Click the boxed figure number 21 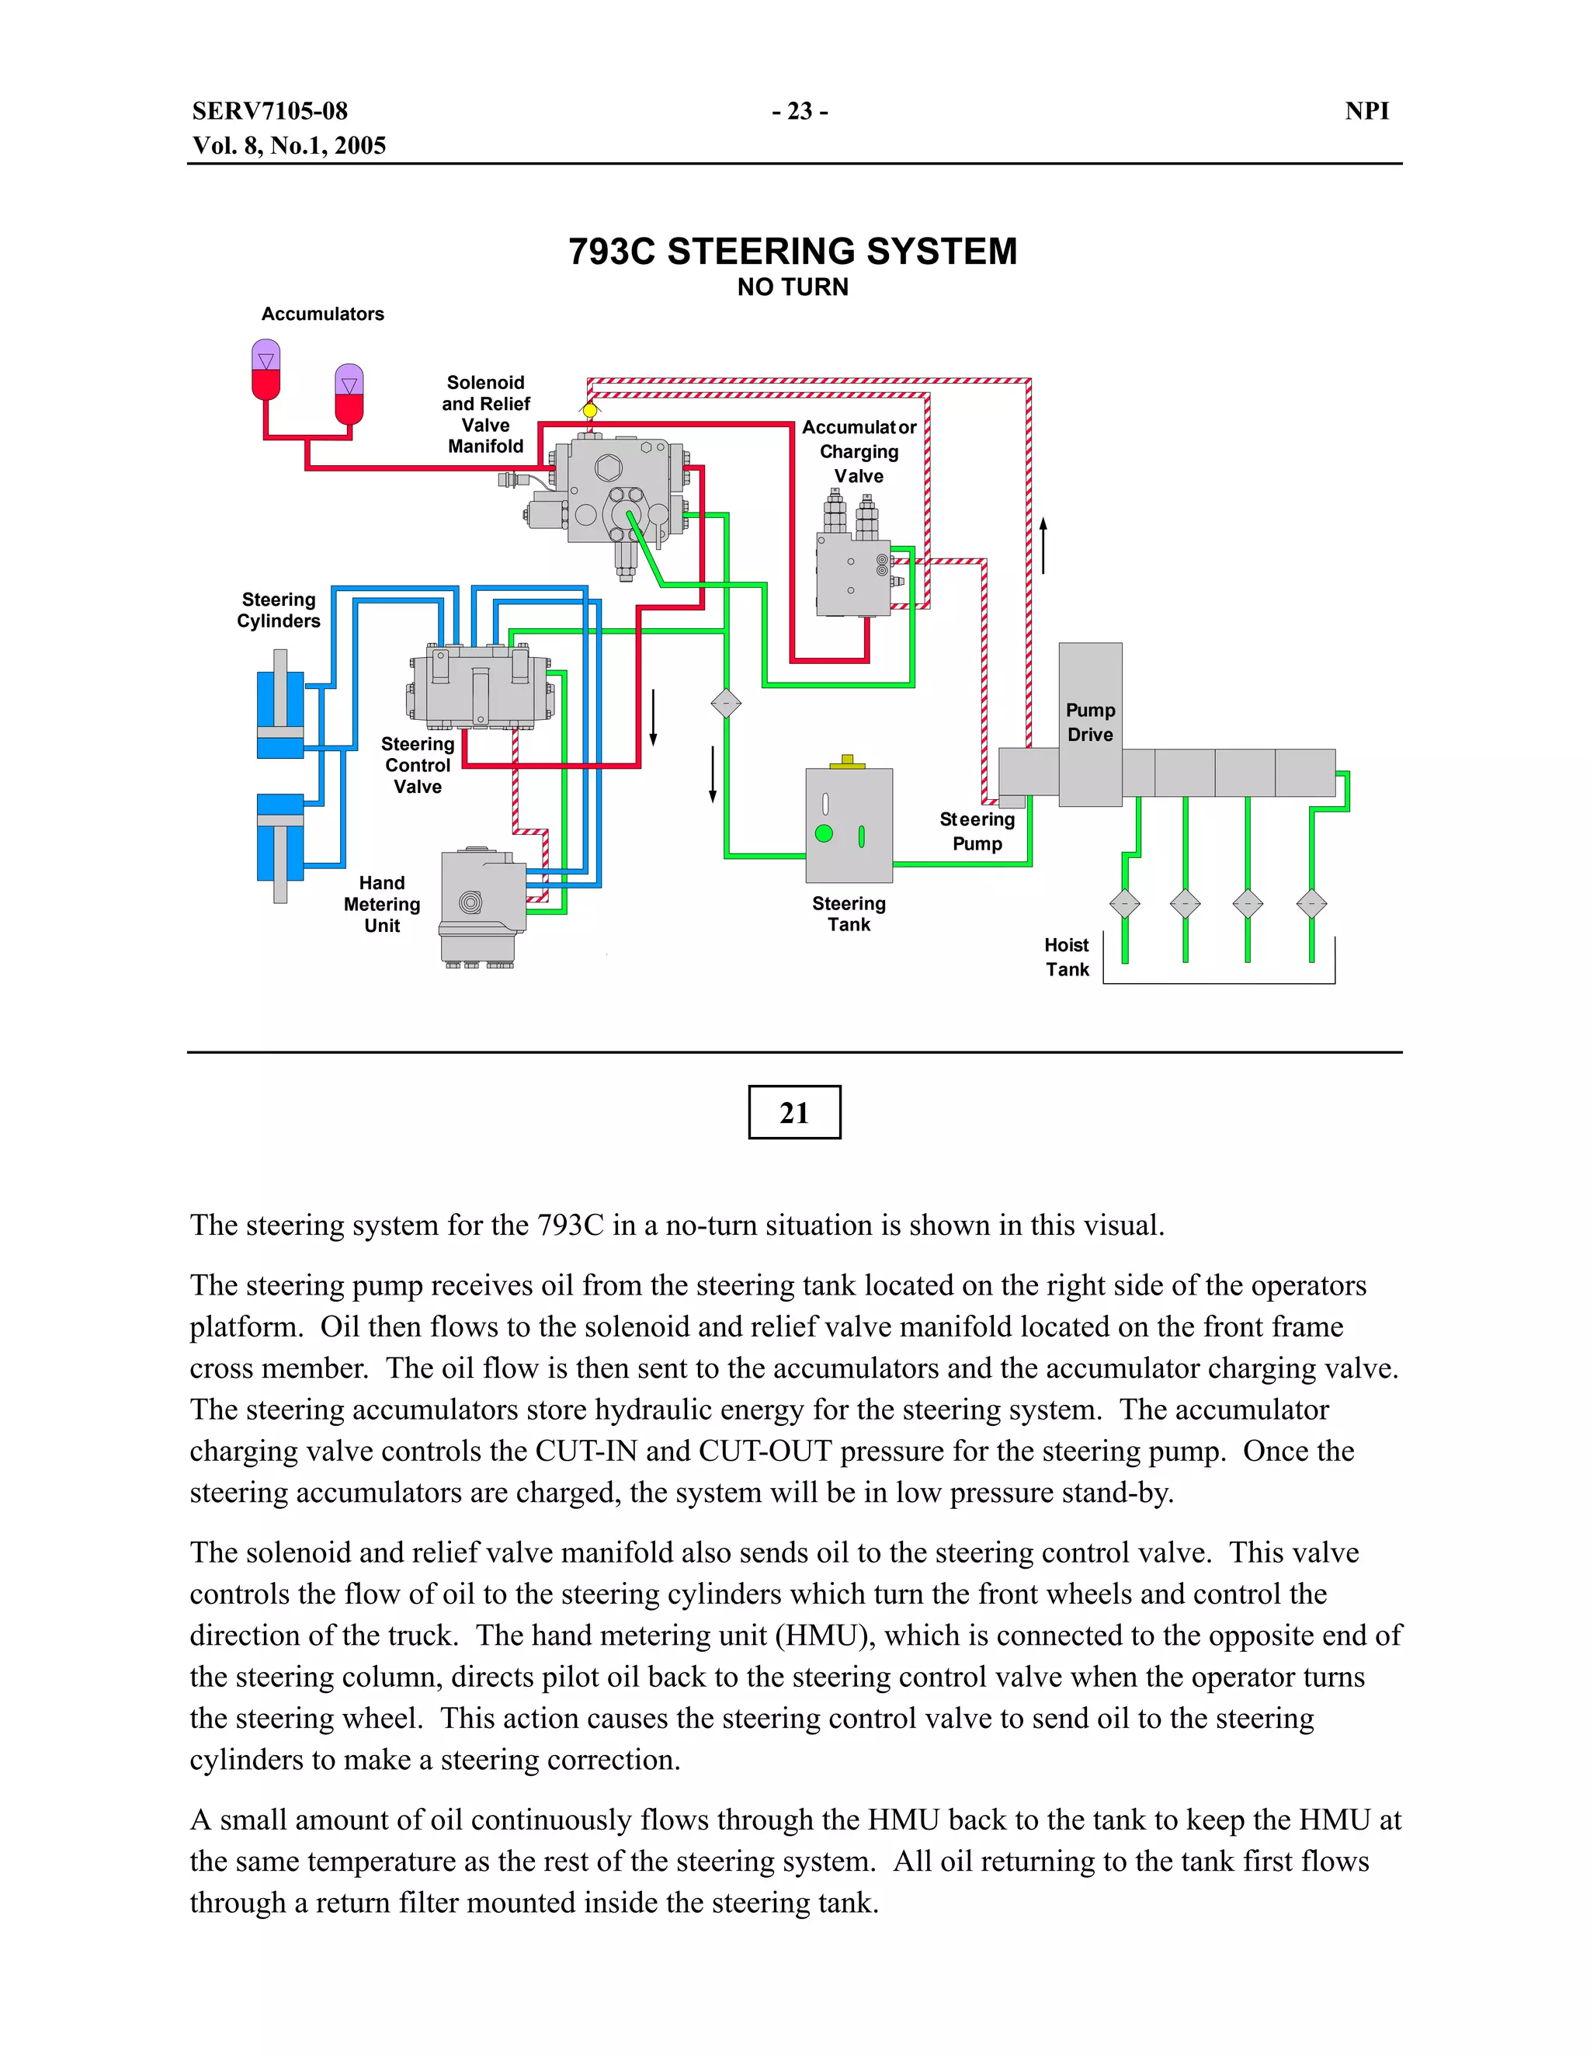click(794, 1113)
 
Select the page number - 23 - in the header click(799, 111)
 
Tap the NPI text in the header click(1366, 111)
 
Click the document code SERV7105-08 click(269, 111)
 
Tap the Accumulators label click(322, 314)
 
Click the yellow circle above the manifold click(590, 411)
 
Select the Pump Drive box click(1090, 723)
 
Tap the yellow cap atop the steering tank click(847, 761)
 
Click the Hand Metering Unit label click(381, 905)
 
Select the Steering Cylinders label click(278, 610)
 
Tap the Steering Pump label click(977, 831)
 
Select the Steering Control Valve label click(417, 765)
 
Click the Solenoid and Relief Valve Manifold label click(485, 415)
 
